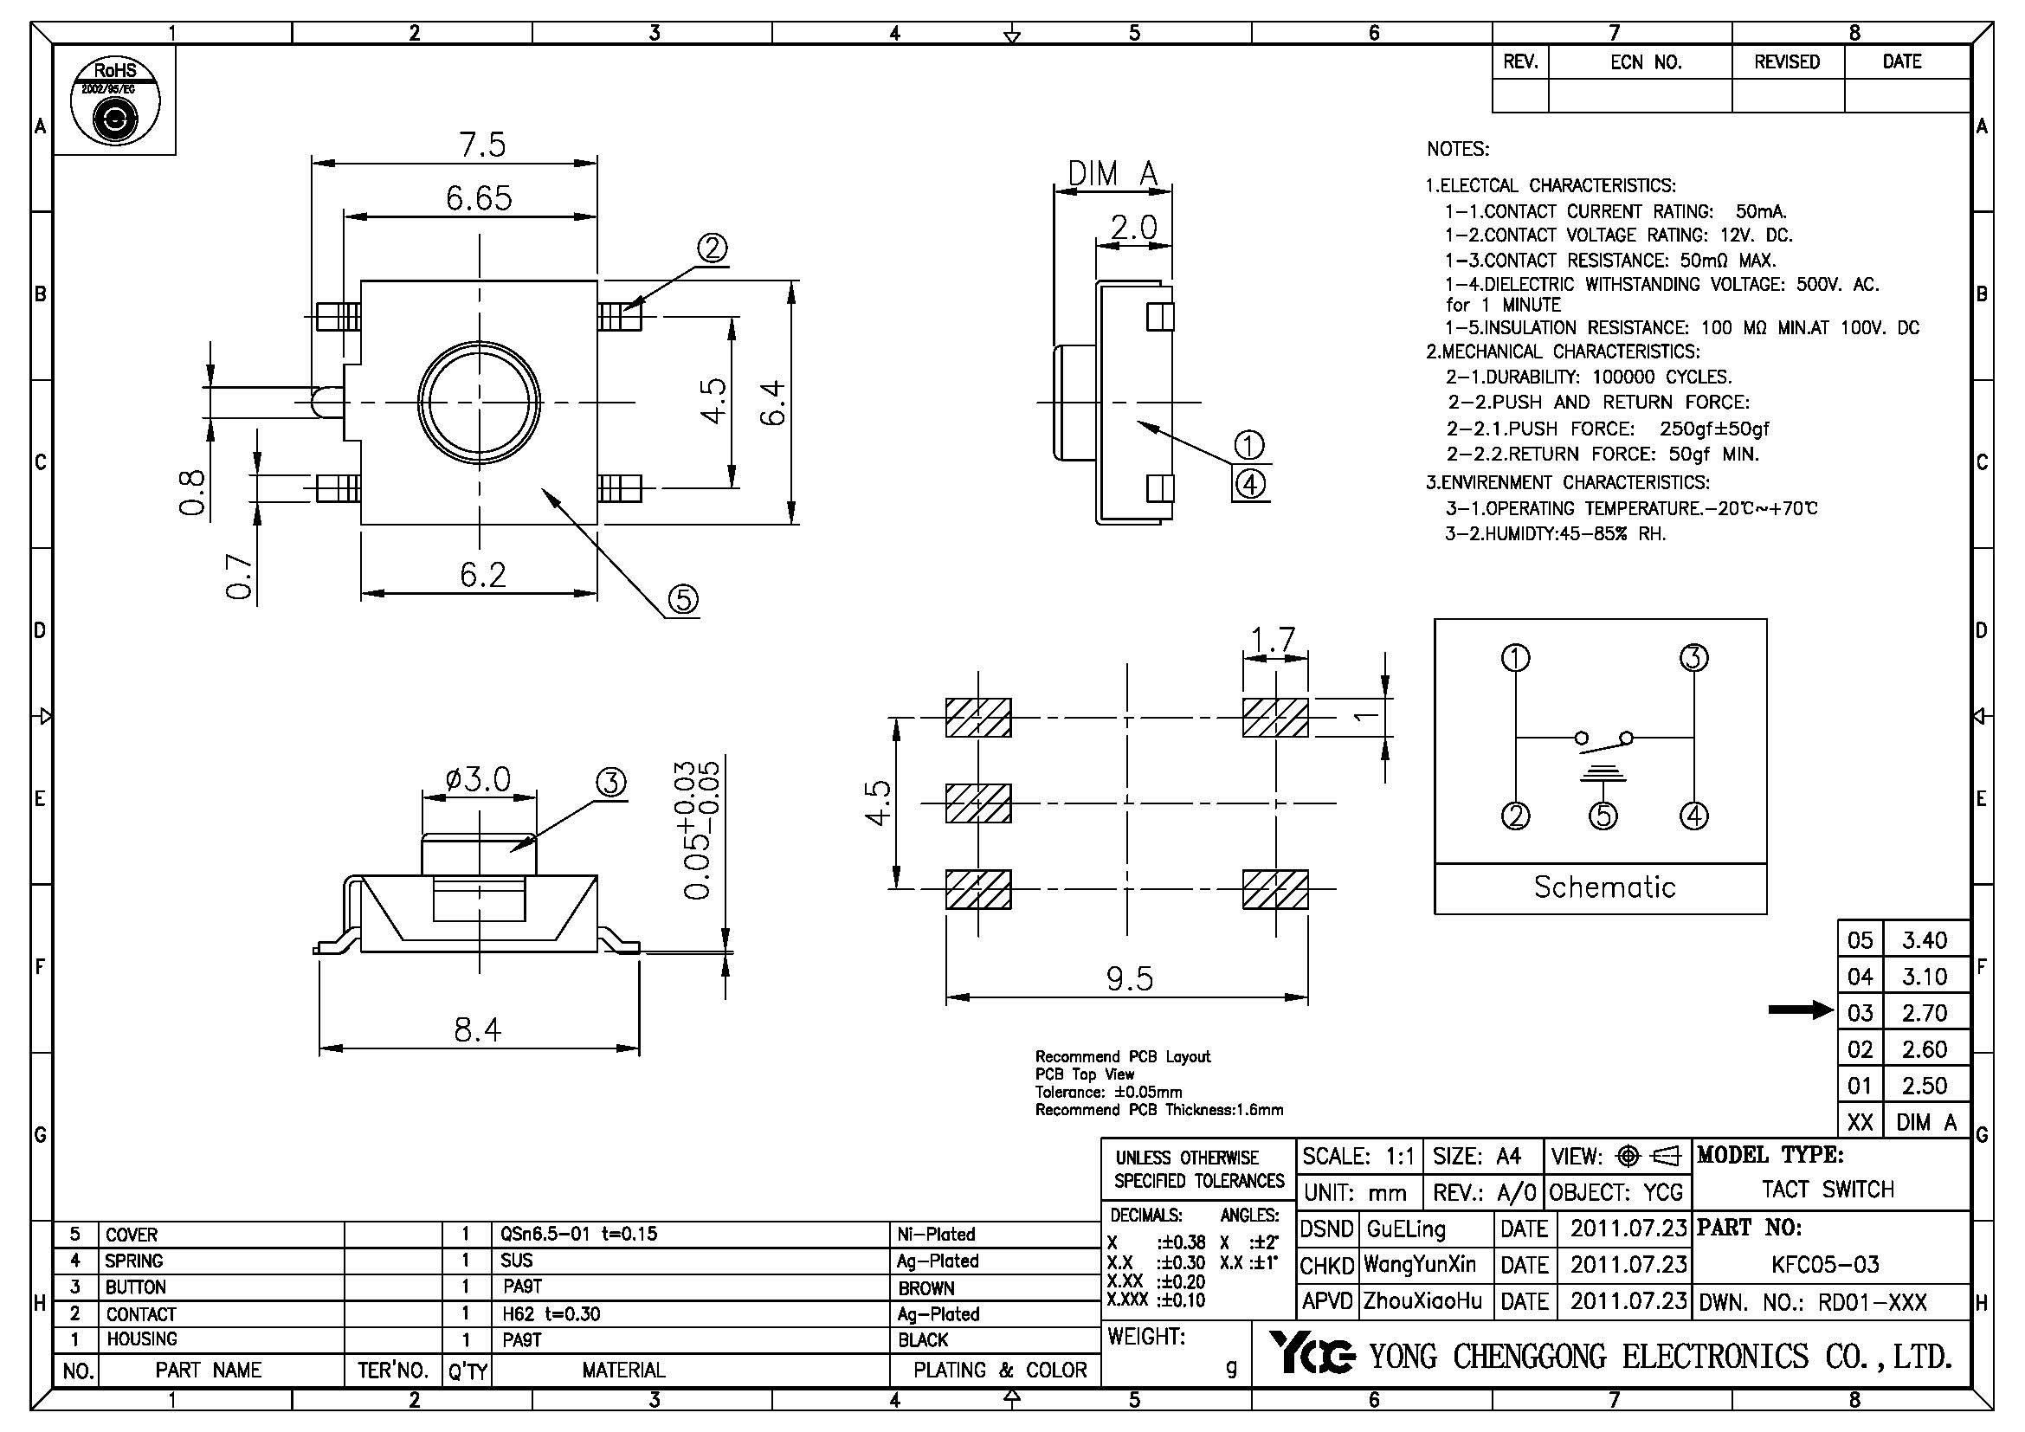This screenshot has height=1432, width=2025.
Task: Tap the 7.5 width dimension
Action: (482, 145)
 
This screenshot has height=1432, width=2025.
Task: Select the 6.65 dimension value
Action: (478, 198)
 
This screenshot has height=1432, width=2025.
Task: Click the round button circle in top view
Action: (479, 402)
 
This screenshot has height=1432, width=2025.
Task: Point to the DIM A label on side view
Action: (1112, 174)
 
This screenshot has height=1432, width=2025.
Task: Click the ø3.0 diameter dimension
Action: (479, 779)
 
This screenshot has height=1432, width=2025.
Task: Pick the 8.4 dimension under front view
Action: (477, 1029)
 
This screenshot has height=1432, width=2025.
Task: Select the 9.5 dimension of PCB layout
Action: (1129, 977)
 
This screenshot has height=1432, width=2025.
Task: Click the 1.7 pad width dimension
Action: (1274, 637)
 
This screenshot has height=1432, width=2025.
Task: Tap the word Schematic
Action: (1604, 887)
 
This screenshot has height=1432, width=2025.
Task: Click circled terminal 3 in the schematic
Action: (1694, 658)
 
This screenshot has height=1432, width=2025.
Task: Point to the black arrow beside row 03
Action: (1800, 1010)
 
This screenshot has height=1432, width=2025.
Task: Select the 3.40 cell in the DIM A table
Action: (1925, 940)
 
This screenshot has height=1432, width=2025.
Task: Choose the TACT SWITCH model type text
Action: (1828, 1190)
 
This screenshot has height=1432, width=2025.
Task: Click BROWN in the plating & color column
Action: (926, 1288)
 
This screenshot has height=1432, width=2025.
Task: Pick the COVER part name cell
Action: (132, 1235)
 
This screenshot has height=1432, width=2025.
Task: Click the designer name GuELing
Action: (1406, 1229)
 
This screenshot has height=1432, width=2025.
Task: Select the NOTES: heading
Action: (1457, 149)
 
